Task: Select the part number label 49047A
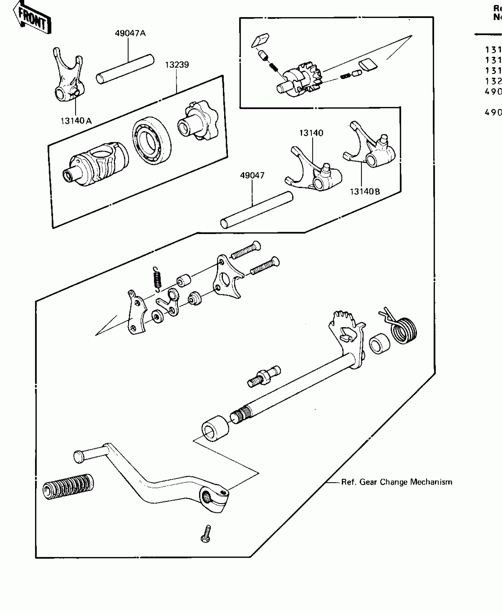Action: pyautogui.click(x=130, y=33)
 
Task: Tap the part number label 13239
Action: pyautogui.click(x=177, y=65)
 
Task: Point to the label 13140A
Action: pyautogui.click(x=76, y=121)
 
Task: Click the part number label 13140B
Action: pyautogui.click(x=365, y=192)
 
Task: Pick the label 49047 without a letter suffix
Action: pyautogui.click(x=252, y=175)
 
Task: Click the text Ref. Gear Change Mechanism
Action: pyautogui.click(x=397, y=482)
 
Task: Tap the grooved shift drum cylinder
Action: pyautogui.click(x=97, y=164)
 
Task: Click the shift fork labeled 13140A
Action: pyautogui.click(x=68, y=80)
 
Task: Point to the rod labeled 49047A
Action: pyautogui.click(x=125, y=69)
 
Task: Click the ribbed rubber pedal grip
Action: pyautogui.click(x=69, y=487)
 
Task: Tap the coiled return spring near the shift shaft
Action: pyautogui.click(x=403, y=328)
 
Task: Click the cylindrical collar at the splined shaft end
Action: pyautogui.click(x=215, y=429)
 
